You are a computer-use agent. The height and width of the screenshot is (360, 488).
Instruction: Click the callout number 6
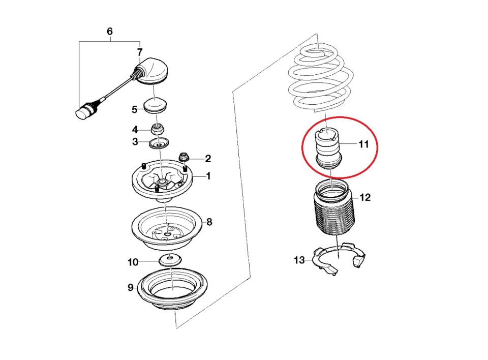pos(110,32)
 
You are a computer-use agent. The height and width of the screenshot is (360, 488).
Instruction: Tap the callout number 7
pos(140,52)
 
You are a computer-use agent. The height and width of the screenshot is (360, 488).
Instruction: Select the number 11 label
pos(363,144)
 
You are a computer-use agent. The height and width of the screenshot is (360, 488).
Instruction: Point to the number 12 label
pos(365,197)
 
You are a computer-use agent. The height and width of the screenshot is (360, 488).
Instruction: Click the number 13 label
pos(299,260)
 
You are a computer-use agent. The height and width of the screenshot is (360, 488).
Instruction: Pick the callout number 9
pos(131,287)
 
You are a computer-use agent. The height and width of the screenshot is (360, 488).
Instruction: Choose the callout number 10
pos(133,262)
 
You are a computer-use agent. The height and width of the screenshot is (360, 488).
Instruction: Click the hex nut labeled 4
pos(158,129)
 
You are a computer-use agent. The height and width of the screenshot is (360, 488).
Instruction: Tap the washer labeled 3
pos(159,143)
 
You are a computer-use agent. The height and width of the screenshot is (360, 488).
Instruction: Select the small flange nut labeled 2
pos(184,157)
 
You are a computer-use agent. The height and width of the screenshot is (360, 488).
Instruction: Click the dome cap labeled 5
pos(156,106)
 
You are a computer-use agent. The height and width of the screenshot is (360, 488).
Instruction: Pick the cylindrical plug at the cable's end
pos(84,111)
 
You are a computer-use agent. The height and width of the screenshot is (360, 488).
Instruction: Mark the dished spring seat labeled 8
pos(167,229)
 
